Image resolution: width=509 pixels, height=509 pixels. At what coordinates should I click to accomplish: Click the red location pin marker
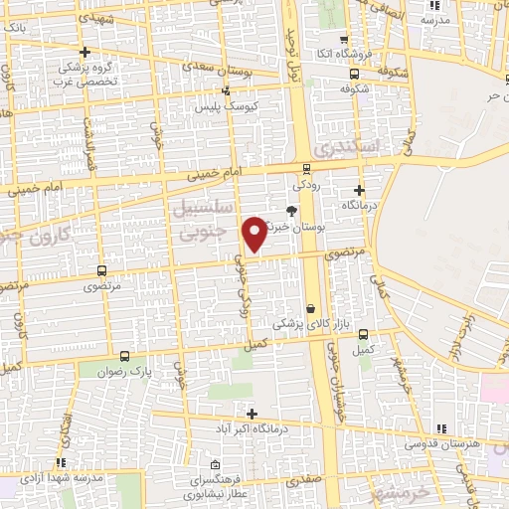[x=255, y=233]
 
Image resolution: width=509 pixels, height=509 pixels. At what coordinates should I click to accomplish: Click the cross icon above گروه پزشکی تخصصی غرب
[x=85, y=52]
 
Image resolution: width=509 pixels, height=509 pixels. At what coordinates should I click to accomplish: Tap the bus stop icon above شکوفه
[x=357, y=73]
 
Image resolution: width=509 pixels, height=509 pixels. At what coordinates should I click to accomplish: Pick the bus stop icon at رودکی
[x=305, y=168]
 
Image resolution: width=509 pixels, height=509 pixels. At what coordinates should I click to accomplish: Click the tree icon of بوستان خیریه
[x=291, y=211]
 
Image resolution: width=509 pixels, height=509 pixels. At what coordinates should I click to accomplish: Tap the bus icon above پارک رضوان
[x=124, y=355]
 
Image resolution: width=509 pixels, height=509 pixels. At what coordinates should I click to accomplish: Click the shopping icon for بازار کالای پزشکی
[x=311, y=308]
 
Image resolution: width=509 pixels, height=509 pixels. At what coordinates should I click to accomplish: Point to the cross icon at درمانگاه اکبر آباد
[x=252, y=414]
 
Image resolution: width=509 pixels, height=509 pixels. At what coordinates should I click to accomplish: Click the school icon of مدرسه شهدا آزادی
[x=62, y=462]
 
